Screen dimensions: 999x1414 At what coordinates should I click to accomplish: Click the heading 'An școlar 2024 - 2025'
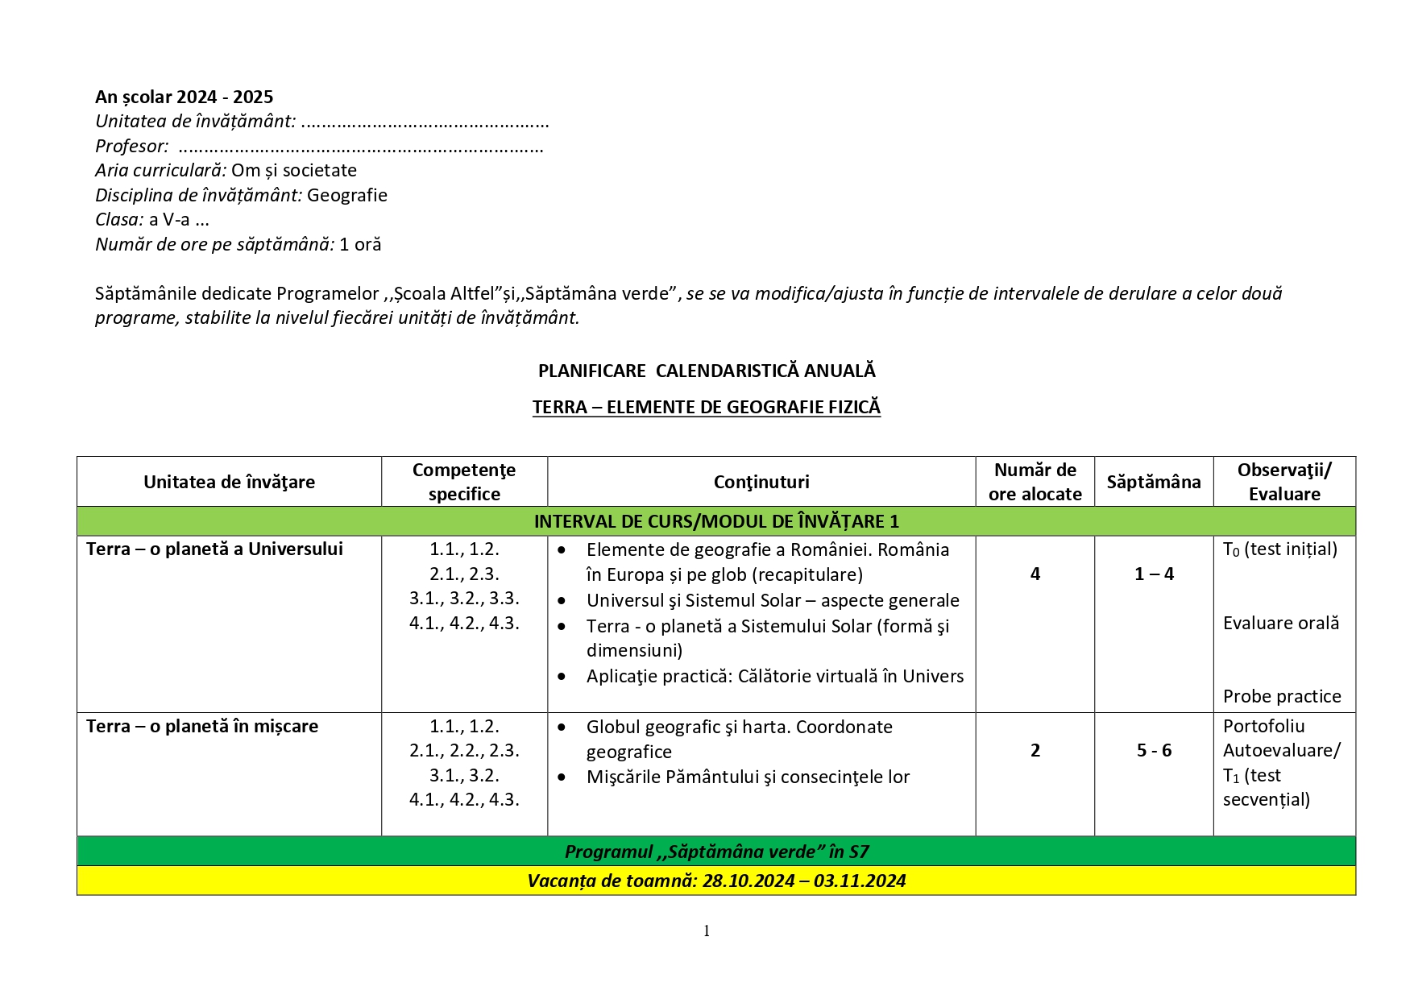pos(184,97)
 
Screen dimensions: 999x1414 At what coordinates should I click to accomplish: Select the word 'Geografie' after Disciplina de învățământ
pos(346,196)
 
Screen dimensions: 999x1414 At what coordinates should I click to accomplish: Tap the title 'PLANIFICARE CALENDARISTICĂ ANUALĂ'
pos(707,371)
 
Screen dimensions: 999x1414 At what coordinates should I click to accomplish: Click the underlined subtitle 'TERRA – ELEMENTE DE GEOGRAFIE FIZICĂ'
pos(707,408)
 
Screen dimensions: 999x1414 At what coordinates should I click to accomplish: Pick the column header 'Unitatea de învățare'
pos(229,482)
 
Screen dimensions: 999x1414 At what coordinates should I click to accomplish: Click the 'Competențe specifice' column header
pos(464,482)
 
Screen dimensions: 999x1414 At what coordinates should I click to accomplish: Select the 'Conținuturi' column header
pos(761,482)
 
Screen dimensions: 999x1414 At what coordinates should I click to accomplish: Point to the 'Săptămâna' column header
pos(1153,482)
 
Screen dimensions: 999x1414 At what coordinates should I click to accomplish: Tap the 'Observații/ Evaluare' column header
pos(1284,482)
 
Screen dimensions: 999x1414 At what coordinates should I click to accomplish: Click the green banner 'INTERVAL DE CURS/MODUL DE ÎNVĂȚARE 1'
pos(716,521)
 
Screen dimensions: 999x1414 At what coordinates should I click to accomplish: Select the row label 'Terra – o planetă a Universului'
pos(214,549)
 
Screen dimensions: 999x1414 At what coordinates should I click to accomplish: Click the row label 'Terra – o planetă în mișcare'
pos(202,727)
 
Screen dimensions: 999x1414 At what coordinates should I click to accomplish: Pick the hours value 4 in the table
pos(1035,574)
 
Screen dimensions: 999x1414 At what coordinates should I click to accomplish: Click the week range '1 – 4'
pos(1154,574)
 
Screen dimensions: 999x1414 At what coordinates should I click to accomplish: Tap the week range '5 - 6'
pos(1154,751)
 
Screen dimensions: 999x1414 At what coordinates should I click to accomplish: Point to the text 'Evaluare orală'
pos(1281,624)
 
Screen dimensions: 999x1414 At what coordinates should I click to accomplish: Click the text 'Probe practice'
pos(1282,697)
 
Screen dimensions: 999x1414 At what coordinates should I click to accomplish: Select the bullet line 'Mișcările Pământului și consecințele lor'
pos(748,777)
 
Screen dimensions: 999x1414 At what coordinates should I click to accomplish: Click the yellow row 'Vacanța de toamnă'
pos(716,881)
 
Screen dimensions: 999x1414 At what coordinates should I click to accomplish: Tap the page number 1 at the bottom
pos(707,931)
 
